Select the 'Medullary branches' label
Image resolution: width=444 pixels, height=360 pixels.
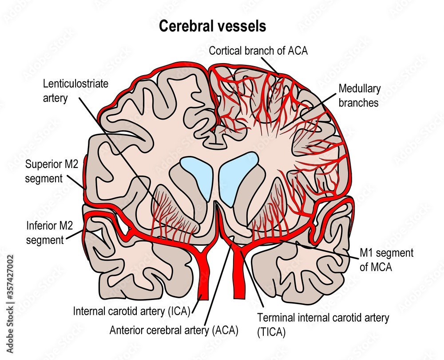coord(360,96)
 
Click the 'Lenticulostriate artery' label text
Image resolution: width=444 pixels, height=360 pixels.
coord(75,90)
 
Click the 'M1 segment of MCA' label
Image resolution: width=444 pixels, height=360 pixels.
coord(386,259)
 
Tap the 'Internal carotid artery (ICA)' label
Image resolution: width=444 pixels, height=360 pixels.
coord(132,311)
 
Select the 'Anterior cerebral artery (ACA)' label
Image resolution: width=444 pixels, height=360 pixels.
coord(174,330)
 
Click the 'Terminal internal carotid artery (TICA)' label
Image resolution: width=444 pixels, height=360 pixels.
coord(323,324)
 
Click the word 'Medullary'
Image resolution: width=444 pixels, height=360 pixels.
coord(360,89)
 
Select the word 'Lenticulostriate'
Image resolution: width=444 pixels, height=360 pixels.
coord(75,84)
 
